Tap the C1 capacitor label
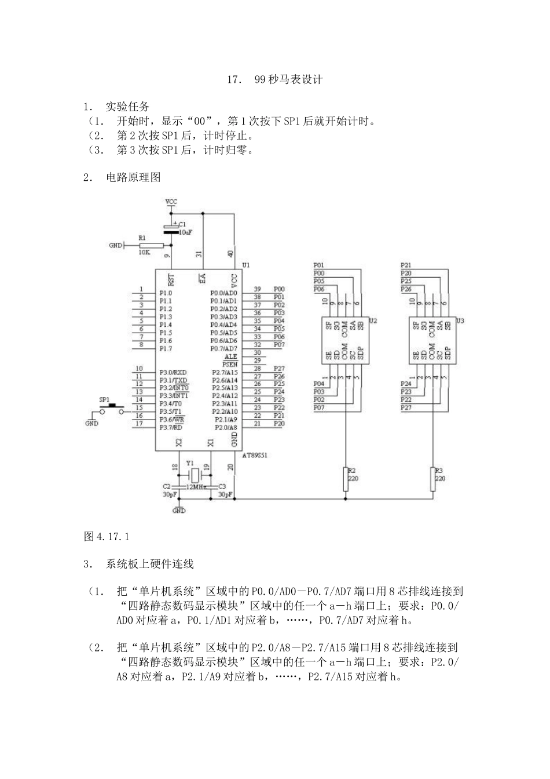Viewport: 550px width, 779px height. (x=182, y=224)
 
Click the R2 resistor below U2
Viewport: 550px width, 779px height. (x=346, y=479)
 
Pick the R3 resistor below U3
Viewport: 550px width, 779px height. (x=433, y=479)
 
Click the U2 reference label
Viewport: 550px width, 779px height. (x=373, y=321)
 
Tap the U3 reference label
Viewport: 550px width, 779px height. (x=460, y=321)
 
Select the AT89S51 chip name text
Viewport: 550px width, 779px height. (x=255, y=456)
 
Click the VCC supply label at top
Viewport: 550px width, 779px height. (x=171, y=201)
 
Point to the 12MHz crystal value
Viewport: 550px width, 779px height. (x=196, y=487)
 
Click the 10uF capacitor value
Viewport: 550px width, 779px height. (x=185, y=232)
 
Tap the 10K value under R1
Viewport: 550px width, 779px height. (x=144, y=253)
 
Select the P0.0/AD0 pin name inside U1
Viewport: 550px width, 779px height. (x=224, y=293)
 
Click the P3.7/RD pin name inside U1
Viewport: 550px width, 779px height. (x=172, y=428)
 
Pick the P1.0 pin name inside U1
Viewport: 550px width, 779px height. (x=166, y=293)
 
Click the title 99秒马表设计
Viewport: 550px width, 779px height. (x=288, y=79)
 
